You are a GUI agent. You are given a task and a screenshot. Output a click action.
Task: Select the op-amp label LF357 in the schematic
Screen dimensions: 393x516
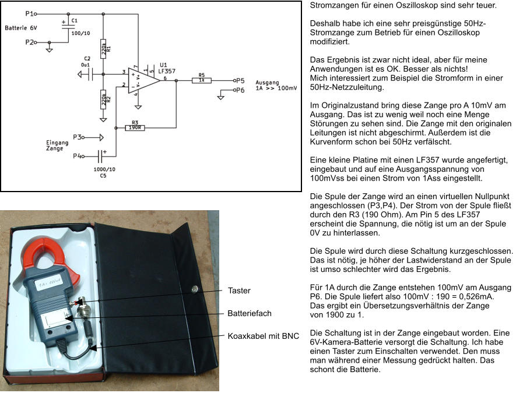[x=167, y=70]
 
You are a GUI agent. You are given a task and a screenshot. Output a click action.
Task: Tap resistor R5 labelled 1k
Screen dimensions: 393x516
[x=201, y=81]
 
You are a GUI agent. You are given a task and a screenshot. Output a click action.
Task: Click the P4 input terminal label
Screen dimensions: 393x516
[x=77, y=155]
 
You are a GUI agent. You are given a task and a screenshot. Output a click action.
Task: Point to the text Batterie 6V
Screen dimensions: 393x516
[x=21, y=28]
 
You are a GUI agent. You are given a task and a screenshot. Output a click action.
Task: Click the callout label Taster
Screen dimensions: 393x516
[x=239, y=291]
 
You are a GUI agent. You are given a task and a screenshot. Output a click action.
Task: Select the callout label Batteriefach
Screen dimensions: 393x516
[x=249, y=313]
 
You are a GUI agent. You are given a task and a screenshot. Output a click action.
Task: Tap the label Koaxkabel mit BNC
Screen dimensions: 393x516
[x=263, y=336]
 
